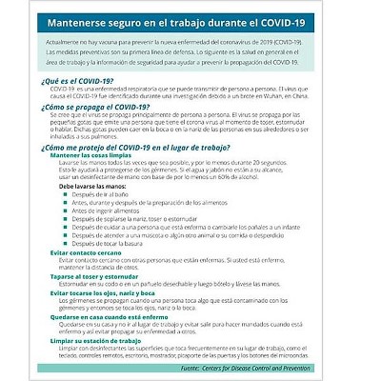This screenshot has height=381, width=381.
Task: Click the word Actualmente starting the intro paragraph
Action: (x=64, y=43)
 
